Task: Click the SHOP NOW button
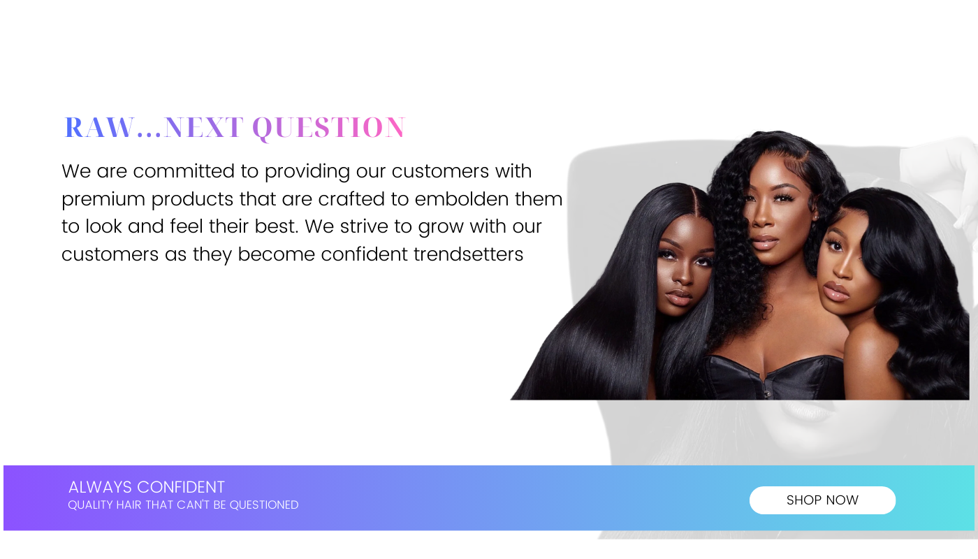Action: click(x=822, y=500)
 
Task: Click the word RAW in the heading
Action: click(x=100, y=127)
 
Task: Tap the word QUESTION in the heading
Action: click(x=329, y=128)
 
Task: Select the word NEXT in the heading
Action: click(x=203, y=127)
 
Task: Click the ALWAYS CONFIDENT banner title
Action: click(x=146, y=487)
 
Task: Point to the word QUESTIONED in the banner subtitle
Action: click(x=264, y=504)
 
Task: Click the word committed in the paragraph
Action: click(x=184, y=170)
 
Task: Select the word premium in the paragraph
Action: click(x=103, y=200)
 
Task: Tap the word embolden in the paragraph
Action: click(x=462, y=198)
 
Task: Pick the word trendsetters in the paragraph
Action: click(x=468, y=254)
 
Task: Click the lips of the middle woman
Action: click(x=764, y=241)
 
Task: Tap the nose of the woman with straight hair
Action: click(x=683, y=277)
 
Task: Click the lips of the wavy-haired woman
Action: click(x=835, y=290)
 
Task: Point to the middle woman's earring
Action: click(x=815, y=217)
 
